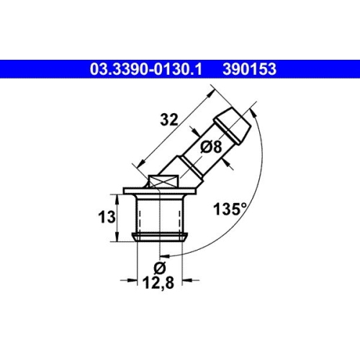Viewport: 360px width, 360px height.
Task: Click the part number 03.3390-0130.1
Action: tap(146, 69)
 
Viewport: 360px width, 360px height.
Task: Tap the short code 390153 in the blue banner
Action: tap(250, 69)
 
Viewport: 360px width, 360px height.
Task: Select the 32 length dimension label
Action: tap(169, 120)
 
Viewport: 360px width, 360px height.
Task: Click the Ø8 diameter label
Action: tap(211, 147)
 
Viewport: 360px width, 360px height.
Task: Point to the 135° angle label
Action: tap(230, 209)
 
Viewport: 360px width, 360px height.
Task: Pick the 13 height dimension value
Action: tap(107, 218)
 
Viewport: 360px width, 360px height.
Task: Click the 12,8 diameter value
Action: tap(158, 283)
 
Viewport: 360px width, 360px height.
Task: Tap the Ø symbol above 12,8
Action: tap(159, 268)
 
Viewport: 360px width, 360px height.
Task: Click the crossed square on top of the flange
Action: tap(163, 181)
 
